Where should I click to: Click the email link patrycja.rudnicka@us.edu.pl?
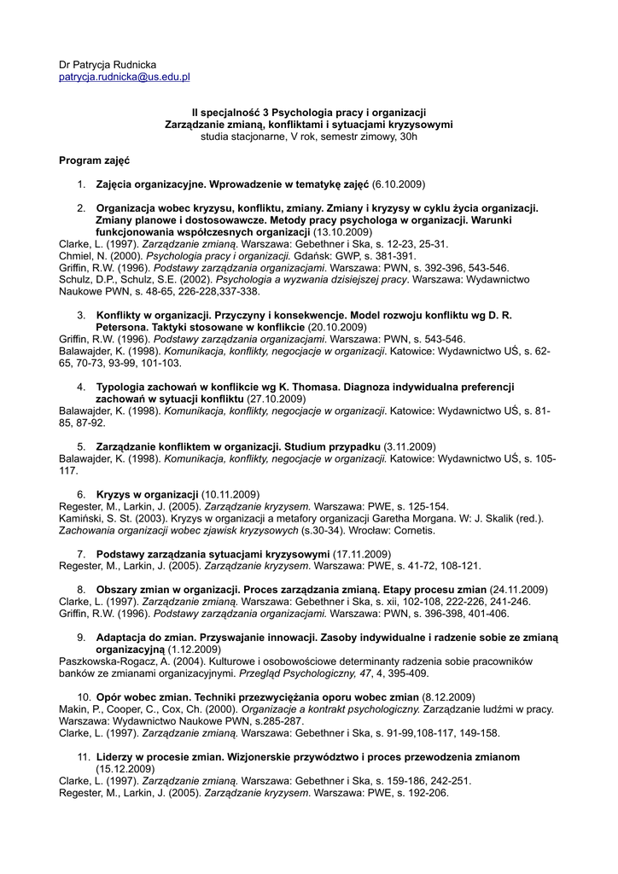(124, 77)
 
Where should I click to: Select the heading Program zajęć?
(94, 160)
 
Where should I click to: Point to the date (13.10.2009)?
(342, 231)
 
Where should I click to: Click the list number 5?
(81, 446)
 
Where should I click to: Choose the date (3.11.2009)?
(410, 446)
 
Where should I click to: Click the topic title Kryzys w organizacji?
(148, 494)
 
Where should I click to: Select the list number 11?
(84, 757)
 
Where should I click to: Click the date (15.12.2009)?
(127, 769)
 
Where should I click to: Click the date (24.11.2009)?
(519, 590)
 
